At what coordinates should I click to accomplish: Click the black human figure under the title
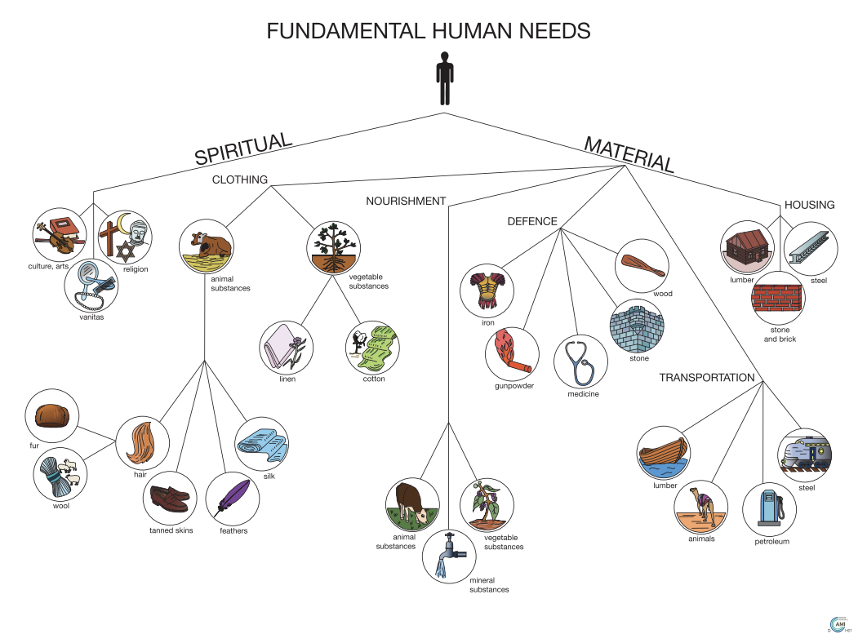click(444, 78)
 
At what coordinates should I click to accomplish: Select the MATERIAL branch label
click(629, 154)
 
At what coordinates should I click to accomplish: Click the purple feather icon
click(233, 497)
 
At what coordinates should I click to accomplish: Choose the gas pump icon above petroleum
click(769, 508)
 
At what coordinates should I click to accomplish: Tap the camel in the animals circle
click(701, 505)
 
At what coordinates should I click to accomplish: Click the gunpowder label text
click(514, 385)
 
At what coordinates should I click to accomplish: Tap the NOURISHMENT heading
click(406, 201)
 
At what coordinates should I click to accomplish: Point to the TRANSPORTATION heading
click(707, 378)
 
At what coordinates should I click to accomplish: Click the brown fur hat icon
click(52, 415)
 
